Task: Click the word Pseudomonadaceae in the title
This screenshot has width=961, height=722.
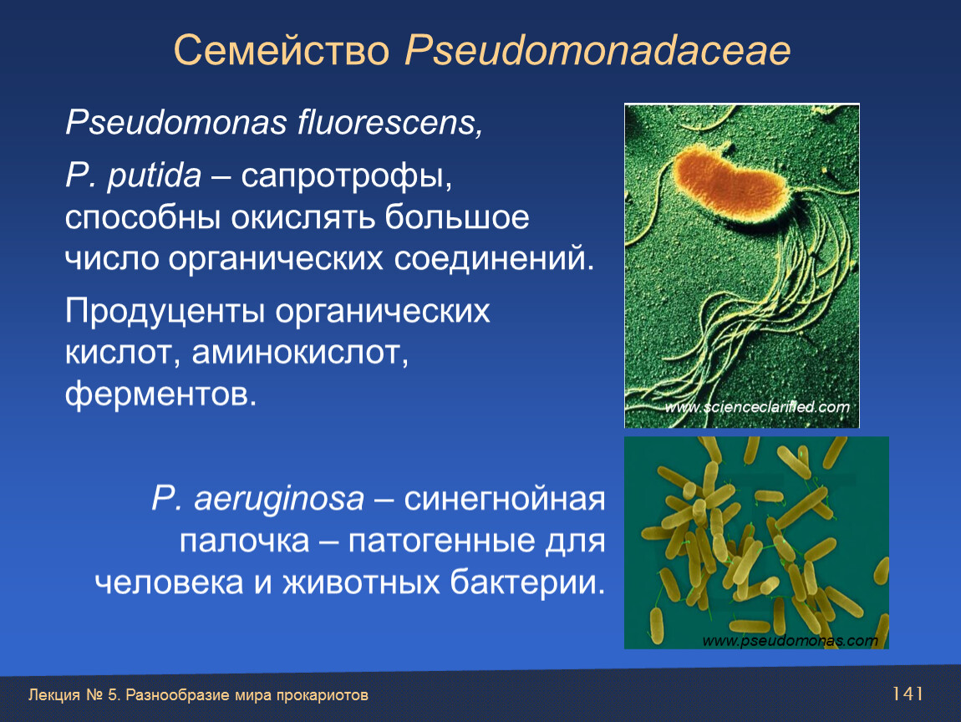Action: (597, 50)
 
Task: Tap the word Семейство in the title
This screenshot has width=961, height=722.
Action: (282, 49)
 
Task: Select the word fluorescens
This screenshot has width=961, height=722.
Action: (389, 122)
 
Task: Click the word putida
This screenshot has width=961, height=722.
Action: (155, 175)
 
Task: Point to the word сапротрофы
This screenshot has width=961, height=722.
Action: (346, 176)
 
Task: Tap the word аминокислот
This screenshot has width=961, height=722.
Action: (300, 352)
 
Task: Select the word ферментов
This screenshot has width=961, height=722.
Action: (160, 394)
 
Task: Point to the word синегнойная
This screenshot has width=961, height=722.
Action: (505, 499)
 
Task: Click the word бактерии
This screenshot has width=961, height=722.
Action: (527, 582)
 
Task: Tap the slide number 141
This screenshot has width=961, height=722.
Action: (908, 694)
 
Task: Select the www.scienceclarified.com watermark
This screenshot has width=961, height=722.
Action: (758, 407)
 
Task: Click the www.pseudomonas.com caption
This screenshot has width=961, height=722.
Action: (790, 640)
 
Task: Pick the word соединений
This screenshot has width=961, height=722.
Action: (494, 259)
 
